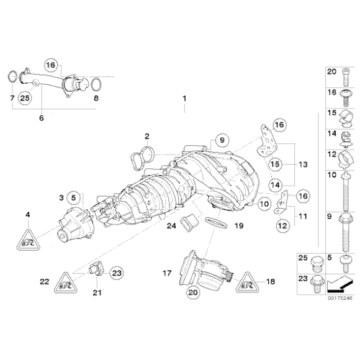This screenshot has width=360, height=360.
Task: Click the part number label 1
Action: [184, 99]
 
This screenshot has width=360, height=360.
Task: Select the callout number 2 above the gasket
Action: [147, 136]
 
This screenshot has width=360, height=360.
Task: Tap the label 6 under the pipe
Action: [42, 117]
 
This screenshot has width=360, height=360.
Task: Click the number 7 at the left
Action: [12, 98]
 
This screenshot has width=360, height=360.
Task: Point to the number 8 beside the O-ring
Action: [96, 98]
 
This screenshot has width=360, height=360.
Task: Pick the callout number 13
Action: [303, 165]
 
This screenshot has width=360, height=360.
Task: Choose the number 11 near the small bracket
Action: [303, 216]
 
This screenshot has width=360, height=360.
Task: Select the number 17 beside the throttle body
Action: [167, 272]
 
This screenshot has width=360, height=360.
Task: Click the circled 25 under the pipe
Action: [25, 97]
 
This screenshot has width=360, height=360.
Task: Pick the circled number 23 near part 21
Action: [117, 271]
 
